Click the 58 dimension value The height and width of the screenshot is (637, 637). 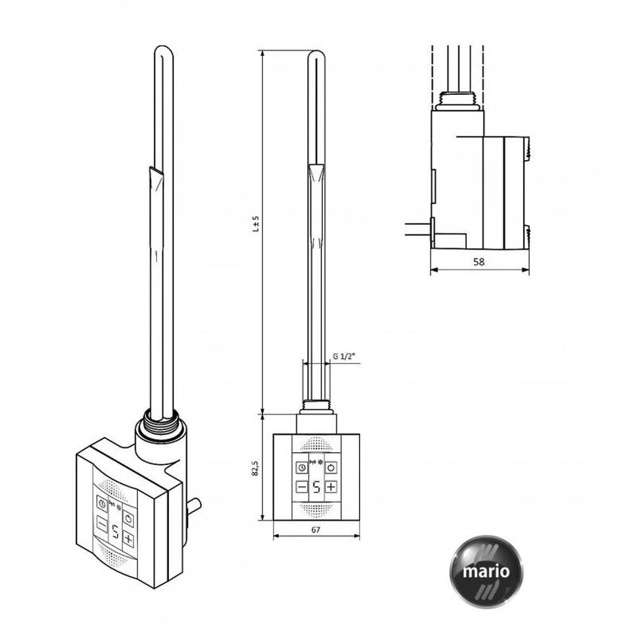click(479, 262)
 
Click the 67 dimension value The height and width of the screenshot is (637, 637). click(316, 530)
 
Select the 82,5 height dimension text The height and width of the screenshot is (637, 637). click(255, 468)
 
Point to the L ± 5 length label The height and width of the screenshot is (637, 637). click(255, 224)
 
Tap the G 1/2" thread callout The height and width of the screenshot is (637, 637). click(344, 356)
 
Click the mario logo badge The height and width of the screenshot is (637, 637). click(486, 571)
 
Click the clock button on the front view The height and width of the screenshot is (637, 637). click(302, 468)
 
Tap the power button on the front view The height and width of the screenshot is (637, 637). click(331, 468)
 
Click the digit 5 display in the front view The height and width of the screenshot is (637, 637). click(317, 487)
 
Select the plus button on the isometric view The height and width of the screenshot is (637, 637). click(129, 540)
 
